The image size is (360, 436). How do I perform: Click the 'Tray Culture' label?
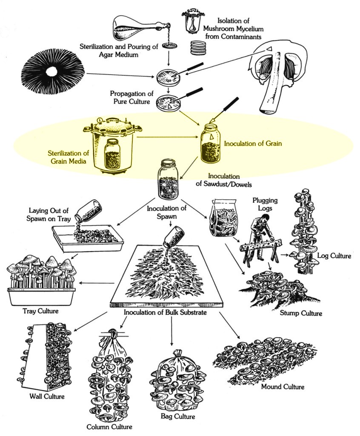coord(40,311)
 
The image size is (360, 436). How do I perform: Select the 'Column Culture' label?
coord(109,427)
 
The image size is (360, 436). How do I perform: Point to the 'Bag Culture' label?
coord(178,416)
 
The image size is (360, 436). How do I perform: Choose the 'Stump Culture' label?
coord(301,314)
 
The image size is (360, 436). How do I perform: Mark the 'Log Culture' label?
coord(334,256)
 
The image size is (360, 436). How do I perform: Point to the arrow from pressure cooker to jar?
coord(166,138)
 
